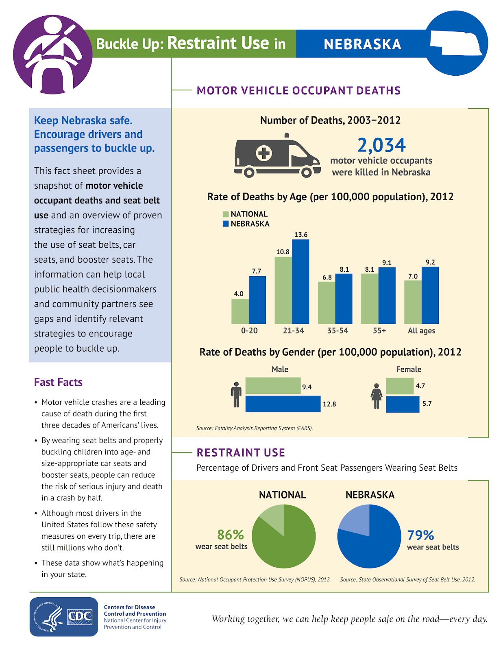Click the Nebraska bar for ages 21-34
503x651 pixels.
point(300,282)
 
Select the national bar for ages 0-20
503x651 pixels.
point(240,311)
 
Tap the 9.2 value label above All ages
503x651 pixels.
point(430,262)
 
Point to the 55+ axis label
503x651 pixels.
point(379,331)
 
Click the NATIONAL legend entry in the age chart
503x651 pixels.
point(245,214)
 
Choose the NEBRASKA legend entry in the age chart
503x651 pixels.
point(246,224)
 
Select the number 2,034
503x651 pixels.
point(381,145)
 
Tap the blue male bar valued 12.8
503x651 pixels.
point(283,404)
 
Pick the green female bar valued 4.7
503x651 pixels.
point(400,386)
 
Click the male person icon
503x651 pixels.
point(236,395)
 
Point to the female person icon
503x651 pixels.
point(377,396)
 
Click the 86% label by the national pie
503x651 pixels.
point(230,535)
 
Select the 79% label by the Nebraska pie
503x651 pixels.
point(420,535)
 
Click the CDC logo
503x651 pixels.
point(64,617)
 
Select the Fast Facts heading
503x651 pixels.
point(58,382)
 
